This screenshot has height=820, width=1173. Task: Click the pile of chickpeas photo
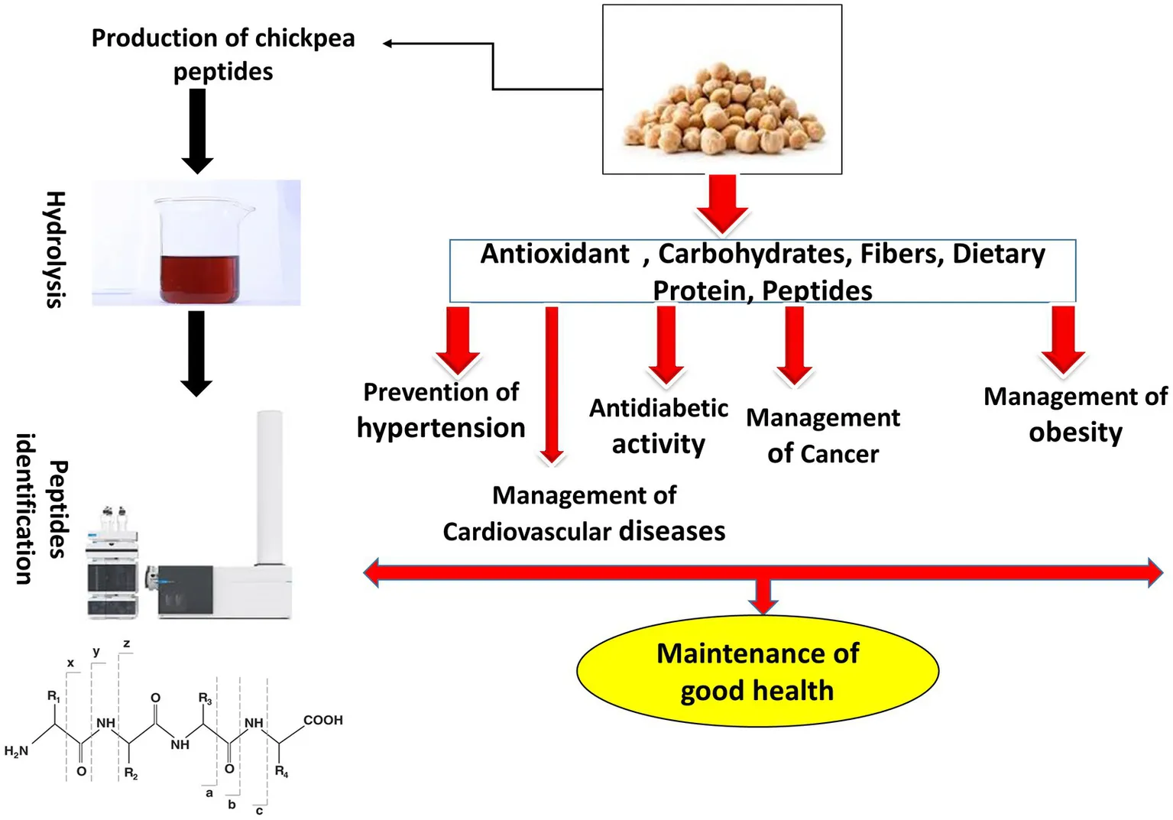point(723,108)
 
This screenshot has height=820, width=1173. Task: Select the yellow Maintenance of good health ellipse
point(757,671)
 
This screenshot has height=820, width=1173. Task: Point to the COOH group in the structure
point(322,720)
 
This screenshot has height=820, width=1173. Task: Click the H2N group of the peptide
point(16,751)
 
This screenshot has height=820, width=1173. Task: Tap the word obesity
point(1075,433)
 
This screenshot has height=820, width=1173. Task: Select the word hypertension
point(441,428)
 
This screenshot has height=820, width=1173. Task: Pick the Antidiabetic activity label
point(658,426)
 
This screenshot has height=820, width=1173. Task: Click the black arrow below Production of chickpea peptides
point(197,130)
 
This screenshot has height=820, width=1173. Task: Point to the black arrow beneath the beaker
point(196,352)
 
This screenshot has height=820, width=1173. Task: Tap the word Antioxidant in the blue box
point(555,254)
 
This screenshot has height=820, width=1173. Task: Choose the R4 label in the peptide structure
point(281,771)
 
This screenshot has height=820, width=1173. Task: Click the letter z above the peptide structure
point(126,643)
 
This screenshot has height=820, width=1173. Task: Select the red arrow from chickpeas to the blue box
point(722,203)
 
